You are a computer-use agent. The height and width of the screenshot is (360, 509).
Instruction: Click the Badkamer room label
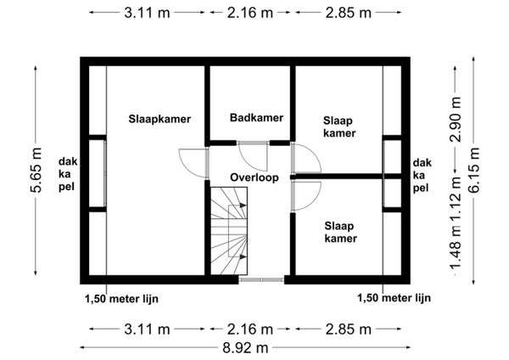coord(256,118)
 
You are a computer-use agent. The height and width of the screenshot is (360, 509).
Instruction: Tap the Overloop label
coord(255,177)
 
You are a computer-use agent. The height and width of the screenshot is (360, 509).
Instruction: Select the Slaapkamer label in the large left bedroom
coord(159,119)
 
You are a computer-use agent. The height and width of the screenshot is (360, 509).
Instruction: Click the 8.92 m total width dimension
coord(245,348)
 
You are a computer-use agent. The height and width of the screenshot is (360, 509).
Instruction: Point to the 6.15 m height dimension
coord(474,170)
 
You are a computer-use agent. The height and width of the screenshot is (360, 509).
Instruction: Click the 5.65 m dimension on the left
coord(36,170)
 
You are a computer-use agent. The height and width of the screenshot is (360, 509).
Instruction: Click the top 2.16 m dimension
coord(250,13)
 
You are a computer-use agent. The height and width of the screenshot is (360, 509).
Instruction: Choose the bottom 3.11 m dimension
coord(147,329)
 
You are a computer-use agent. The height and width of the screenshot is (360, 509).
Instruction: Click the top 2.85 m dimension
coord(349,13)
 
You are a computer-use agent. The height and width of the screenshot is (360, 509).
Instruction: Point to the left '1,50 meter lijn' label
coord(121,299)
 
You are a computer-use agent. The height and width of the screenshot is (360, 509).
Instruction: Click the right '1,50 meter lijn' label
coord(394,298)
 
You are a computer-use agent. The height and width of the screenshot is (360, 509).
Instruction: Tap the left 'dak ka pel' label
coord(68,174)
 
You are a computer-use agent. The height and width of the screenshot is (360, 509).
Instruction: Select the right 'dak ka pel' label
coord(422,176)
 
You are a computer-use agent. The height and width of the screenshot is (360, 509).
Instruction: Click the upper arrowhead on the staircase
coord(243,205)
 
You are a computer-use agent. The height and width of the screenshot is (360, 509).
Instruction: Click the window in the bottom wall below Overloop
coord(261,279)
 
